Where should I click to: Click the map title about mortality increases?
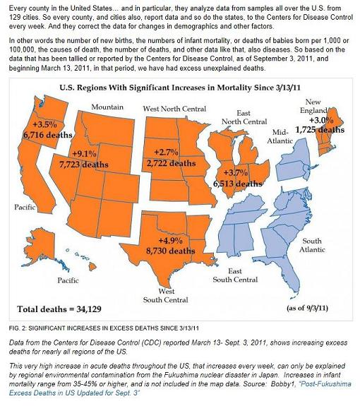tap(180, 88)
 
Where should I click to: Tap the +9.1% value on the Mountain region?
tap(85, 154)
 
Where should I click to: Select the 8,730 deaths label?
tap(171, 251)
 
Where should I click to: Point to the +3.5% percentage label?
tap(44, 124)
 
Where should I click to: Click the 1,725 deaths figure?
tap(320, 129)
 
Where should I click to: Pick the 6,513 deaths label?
tap(238, 184)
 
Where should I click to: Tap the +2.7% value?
tap(166, 153)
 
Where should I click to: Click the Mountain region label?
tap(107, 107)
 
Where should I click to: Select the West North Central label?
tap(174, 109)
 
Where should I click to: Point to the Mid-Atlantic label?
tap(280, 136)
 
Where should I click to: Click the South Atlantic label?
tap(312, 245)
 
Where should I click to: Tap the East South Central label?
tap(235, 275)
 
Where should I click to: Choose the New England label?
tap(313, 106)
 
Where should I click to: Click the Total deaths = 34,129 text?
tap(59, 309)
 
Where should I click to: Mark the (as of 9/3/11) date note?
tap(308, 308)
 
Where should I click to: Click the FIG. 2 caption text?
tap(104, 328)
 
